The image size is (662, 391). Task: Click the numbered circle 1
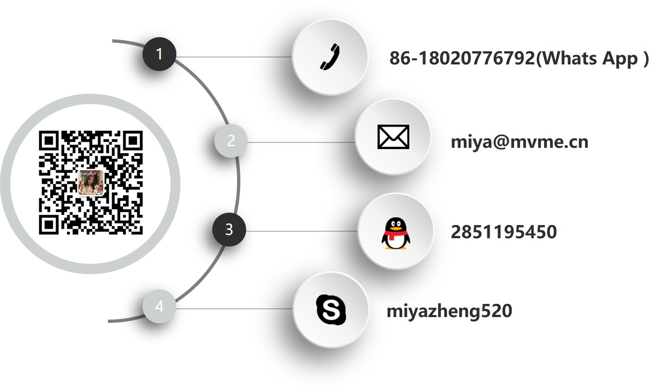coord(159,54)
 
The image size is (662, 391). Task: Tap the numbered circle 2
coord(231,141)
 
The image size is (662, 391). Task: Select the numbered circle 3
coord(229,230)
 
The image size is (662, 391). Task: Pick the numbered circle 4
coord(159,306)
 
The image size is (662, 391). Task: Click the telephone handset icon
coord(330,57)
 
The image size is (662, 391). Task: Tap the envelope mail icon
coord(393,137)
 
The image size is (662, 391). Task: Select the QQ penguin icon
coord(395,234)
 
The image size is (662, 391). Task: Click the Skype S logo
coord(331,309)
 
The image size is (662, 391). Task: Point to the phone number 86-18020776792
coord(462,58)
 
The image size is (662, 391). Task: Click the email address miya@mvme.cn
coord(519,142)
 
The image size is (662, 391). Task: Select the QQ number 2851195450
coord(503,232)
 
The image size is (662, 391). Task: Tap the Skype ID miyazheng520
coord(449,311)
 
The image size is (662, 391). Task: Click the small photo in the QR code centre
coord(90,182)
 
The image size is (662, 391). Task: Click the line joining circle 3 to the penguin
coord(301,231)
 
